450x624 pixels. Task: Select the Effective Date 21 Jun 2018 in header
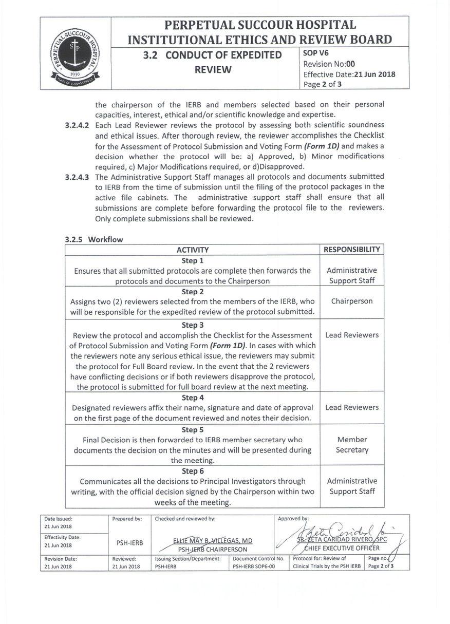349,74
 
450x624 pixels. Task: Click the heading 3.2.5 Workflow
94,239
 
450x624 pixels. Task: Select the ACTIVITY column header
193,250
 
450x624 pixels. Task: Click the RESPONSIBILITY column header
352,250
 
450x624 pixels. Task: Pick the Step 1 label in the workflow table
193,260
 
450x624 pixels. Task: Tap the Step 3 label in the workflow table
193,325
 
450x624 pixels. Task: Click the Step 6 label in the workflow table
193,471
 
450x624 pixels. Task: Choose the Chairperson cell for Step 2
352,301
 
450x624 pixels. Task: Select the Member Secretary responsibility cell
352,445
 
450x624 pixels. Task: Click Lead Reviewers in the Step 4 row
352,408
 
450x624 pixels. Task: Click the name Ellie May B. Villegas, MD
213,541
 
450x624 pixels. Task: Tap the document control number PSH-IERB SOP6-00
254,566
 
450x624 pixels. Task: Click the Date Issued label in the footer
59,519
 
